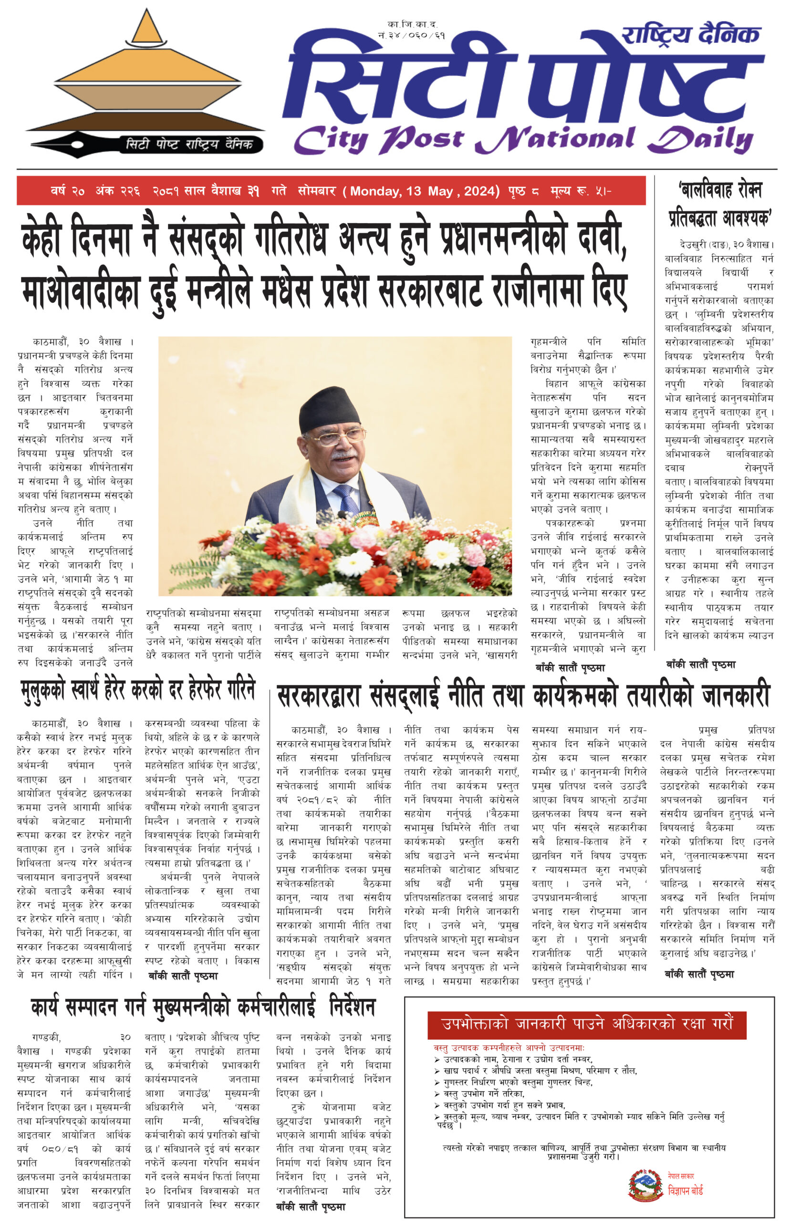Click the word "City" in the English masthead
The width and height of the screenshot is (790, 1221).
(x=331, y=139)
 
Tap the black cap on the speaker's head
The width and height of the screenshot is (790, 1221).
(x=330, y=407)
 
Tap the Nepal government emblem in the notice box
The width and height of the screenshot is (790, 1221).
(x=645, y=1185)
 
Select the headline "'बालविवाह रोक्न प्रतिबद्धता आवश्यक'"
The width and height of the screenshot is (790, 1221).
(x=720, y=204)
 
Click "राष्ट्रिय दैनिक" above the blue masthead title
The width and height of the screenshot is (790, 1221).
(x=690, y=35)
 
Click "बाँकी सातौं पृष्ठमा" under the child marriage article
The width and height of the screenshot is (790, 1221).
(x=701, y=664)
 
